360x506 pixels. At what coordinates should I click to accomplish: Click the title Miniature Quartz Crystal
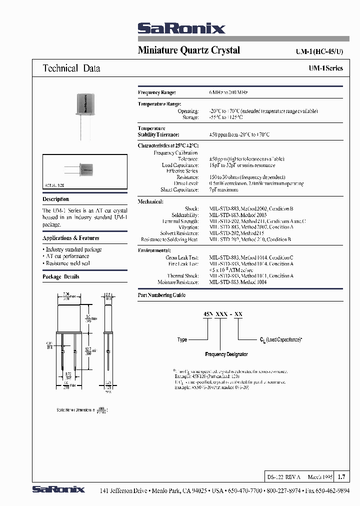click(188, 50)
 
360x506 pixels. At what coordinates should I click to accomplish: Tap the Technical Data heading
click(71, 68)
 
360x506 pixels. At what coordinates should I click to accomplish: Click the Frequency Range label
click(156, 93)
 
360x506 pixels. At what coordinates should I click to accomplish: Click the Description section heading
click(55, 199)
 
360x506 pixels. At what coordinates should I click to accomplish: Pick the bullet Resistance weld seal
click(67, 263)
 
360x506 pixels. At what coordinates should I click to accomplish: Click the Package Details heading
click(60, 276)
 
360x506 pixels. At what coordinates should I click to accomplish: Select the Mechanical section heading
click(150, 201)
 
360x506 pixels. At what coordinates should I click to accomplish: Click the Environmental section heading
click(154, 250)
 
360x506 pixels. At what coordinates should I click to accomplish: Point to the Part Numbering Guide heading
click(161, 295)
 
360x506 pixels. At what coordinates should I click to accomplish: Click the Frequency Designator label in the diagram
click(226, 354)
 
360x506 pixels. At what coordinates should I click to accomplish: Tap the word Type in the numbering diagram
click(182, 339)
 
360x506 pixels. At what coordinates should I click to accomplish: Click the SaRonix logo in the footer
click(58, 489)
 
